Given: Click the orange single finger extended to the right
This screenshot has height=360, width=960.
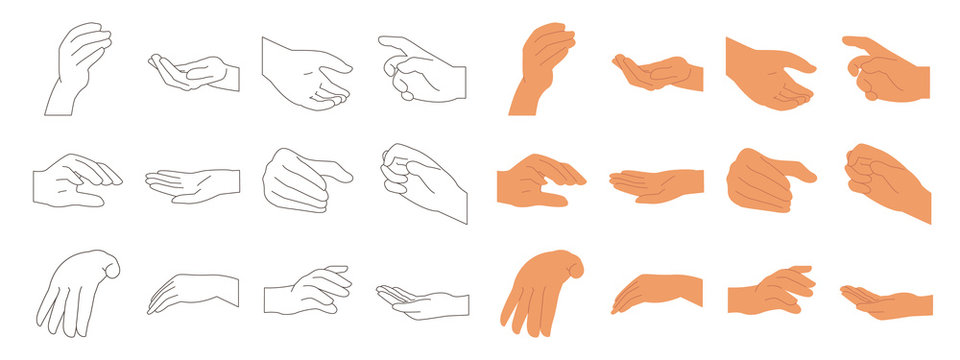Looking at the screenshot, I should point(801,171).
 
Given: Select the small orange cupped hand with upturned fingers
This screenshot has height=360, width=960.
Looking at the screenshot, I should point(655,73).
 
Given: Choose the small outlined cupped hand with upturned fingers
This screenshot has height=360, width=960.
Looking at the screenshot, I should point(191,73).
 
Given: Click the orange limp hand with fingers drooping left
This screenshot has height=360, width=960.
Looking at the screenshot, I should point(656,293).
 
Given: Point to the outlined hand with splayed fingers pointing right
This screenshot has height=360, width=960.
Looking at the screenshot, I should point(311,291).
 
